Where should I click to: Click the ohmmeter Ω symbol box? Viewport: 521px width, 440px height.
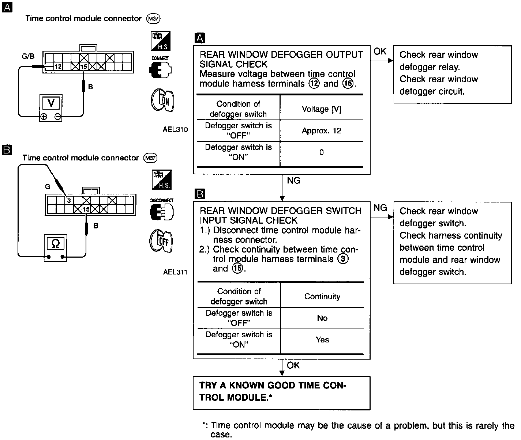click(x=56, y=243)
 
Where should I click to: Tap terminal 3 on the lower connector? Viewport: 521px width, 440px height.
click(x=68, y=200)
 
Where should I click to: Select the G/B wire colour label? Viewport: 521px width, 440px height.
click(x=28, y=56)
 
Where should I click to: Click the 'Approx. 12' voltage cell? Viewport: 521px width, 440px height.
click(x=321, y=131)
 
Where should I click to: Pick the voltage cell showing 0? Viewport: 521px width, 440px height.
click(x=321, y=153)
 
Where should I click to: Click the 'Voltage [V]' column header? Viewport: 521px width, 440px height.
click(x=321, y=109)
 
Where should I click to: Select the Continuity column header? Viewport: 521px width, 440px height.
click(x=322, y=296)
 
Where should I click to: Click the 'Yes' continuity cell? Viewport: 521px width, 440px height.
click(x=322, y=340)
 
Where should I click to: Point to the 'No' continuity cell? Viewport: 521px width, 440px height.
click(x=322, y=318)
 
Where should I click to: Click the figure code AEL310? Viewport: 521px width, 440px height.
click(x=175, y=129)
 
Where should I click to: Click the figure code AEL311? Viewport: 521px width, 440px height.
click(x=175, y=272)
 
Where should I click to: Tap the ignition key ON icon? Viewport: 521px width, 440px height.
click(x=162, y=100)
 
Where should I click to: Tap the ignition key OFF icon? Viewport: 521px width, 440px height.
click(x=161, y=241)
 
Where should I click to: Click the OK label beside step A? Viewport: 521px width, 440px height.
click(x=380, y=52)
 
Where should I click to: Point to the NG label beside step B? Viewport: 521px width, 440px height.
click(x=380, y=208)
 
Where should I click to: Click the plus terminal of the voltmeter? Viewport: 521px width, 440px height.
click(x=44, y=117)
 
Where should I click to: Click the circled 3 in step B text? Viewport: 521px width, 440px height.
click(x=343, y=259)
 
